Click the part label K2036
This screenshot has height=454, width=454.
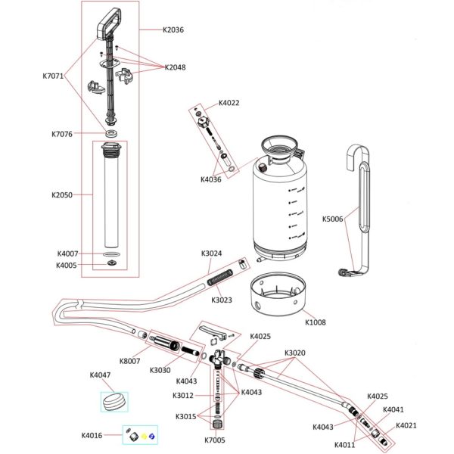coord(173,30)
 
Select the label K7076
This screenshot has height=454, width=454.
coord(62,134)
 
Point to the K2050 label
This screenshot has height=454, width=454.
coord(62,194)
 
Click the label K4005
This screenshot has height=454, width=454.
coord(67,265)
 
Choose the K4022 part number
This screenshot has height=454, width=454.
coord(229,103)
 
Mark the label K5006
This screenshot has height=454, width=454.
coord(332,219)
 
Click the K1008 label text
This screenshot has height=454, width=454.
coord(316,322)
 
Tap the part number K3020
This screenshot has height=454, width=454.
coord(295,353)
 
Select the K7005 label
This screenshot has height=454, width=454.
coord(215,440)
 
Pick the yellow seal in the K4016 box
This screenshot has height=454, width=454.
coord(143,436)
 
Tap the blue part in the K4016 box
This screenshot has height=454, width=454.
coord(153,436)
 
